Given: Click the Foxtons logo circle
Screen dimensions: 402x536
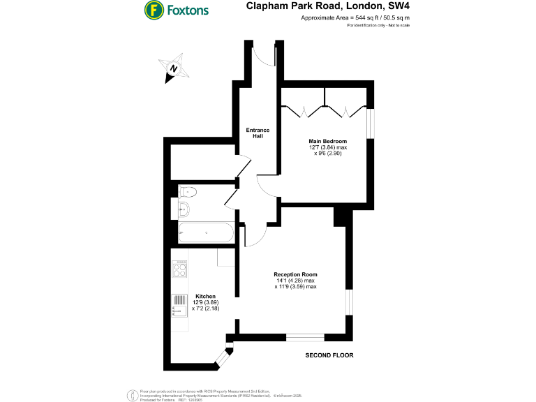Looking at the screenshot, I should click(x=154, y=10).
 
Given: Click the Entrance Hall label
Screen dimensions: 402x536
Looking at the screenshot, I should click(x=258, y=133).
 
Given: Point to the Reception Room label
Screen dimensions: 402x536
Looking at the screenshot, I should click(x=295, y=274).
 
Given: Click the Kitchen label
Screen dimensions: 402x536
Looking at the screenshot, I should click(x=205, y=296).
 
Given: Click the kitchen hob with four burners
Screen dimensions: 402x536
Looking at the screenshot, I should click(x=180, y=268).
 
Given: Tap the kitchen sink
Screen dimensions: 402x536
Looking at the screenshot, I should click(x=180, y=304).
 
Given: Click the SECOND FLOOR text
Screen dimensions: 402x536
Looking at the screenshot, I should click(x=329, y=355).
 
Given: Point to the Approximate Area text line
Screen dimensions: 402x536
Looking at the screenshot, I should click(x=355, y=18).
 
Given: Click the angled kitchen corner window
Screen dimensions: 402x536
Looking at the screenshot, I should click(x=223, y=359).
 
